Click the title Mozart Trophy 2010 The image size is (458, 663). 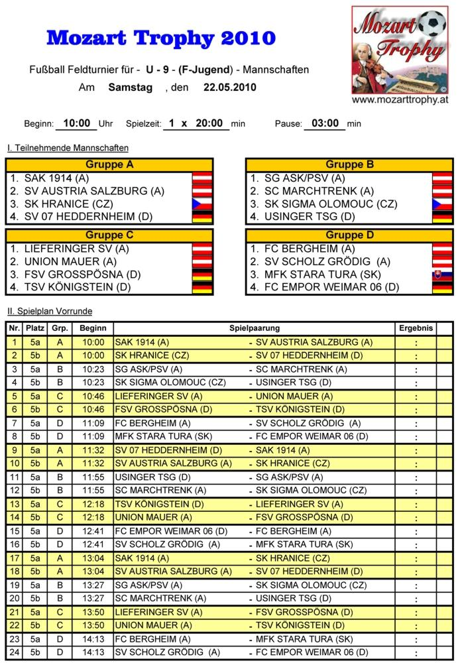click(x=160, y=38)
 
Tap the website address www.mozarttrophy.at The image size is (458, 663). click(x=400, y=100)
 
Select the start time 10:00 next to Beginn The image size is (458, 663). click(x=76, y=123)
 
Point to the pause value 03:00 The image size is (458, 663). click(x=324, y=123)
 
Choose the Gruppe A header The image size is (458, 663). click(x=109, y=165)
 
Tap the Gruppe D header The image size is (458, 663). click(x=350, y=235)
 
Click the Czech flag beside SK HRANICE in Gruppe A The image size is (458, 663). click(x=201, y=204)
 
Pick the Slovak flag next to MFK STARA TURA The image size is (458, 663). click(x=442, y=274)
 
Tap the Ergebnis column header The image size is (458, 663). click(x=416, y=328)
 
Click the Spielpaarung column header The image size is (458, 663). click(x=255, y=328)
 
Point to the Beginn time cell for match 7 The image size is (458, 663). click(x=93, y=423)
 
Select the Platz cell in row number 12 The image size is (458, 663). click(x=34, y=491)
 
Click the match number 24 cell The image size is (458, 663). click(x=14, y=652)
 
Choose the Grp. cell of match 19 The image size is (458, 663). click(x=60, y=585)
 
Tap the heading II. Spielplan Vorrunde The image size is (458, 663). click(x=50, y=311)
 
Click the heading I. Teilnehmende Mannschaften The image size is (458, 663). click(x=68, y=148)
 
